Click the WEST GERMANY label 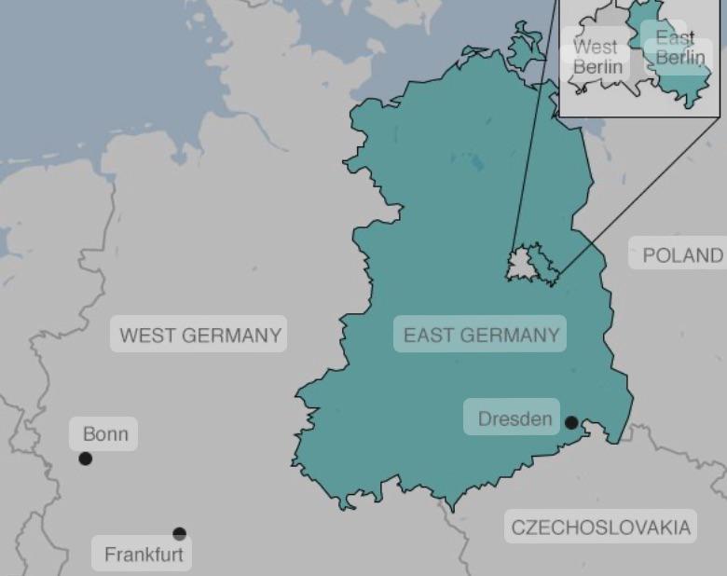click(199, 336)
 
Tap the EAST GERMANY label click(481, 336)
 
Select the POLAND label click(682, 255)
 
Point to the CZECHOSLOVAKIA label click(601, 528)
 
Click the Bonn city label click(104, 434)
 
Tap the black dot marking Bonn click(86, 459)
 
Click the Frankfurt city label click(144, 555)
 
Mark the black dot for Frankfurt click(179, 534)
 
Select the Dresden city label click(514, 418)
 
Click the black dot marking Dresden click(571, 422)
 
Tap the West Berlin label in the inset click(597, 57)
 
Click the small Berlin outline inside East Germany click(527, 264)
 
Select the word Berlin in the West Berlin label click(597, 67)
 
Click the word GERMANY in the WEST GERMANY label click(236, 336)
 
